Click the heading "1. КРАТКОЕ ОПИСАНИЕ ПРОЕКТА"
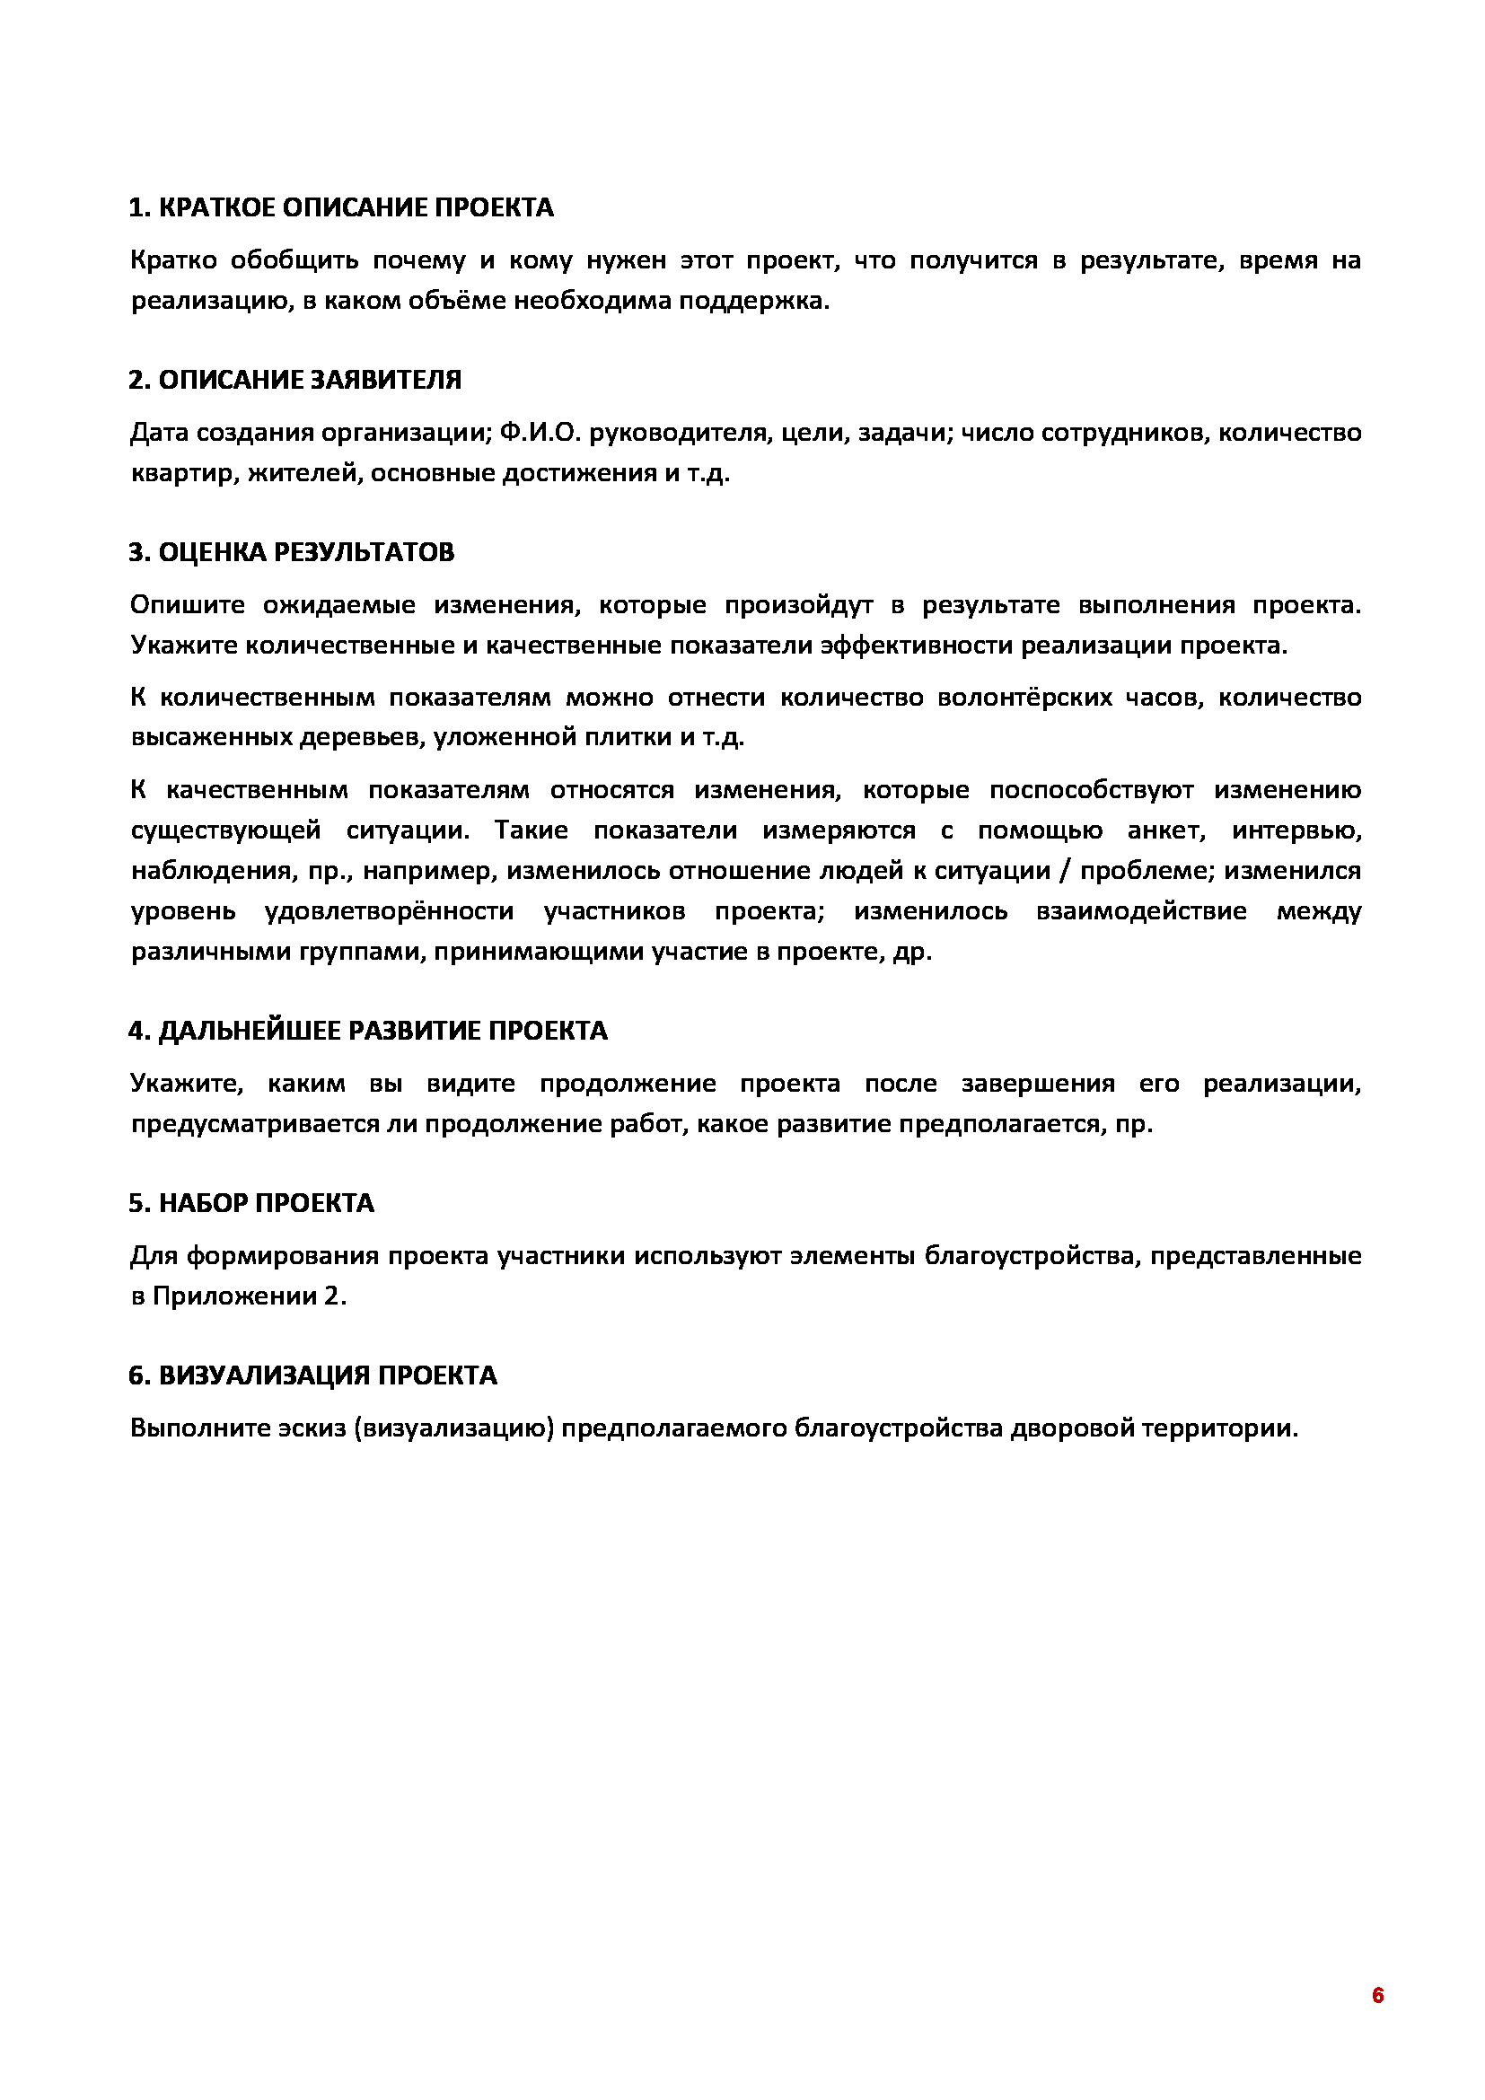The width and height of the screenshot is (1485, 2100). click(x=341, y=208)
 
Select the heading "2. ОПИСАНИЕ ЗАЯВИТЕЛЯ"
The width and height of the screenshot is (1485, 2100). click(x=294, y=381)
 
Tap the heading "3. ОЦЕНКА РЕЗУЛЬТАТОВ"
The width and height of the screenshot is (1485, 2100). click(x=291, y=552)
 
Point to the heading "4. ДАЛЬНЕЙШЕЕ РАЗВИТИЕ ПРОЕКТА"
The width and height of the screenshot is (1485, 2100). click(x=367, y=1031)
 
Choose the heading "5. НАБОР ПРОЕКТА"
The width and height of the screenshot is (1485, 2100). click(x=251, y=1203)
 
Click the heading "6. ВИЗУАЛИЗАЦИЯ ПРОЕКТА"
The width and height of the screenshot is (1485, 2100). click(x=312, y=1375)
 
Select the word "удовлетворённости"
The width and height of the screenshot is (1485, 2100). click(x=389, y=911)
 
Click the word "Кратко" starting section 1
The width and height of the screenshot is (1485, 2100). click(x=174, y=260)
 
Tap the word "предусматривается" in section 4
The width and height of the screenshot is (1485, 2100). click(x=244, y=1124)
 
